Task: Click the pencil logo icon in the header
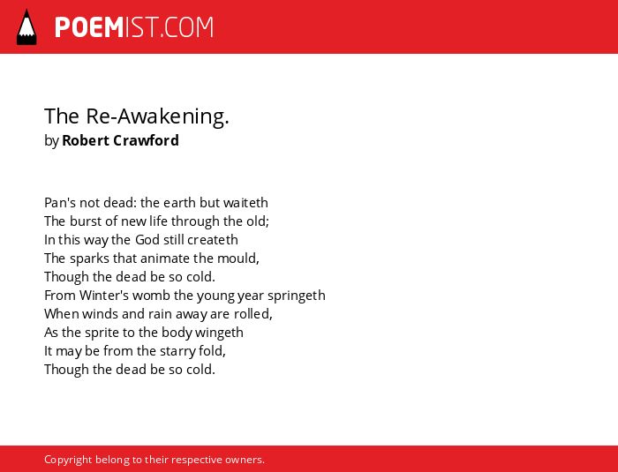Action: [x=26, y=27]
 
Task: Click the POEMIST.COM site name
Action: [x=134, y=27]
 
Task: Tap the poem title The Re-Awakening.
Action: [x=137, y=116]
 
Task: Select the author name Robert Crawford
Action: [x=120, y=140]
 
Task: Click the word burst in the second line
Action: [x=82, y=221]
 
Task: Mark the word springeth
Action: [x=297, y=296]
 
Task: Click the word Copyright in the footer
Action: [x=68, y=460]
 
